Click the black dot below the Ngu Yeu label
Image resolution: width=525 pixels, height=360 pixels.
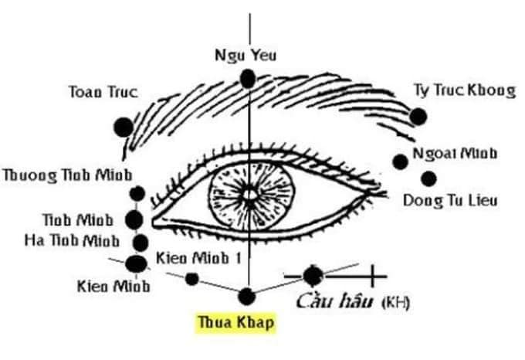[247, 78]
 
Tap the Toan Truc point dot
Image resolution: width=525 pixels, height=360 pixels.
[123, 127]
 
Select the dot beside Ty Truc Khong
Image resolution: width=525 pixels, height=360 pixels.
[418, 117]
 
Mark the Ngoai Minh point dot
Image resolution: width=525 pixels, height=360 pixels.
[400, 161]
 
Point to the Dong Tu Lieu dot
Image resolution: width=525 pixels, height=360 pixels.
[429, 178]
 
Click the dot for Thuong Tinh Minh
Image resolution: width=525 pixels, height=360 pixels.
[137, 193]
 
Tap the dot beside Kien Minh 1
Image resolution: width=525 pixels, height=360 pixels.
[192, 278]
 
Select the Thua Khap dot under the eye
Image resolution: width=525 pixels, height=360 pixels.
[246, 295]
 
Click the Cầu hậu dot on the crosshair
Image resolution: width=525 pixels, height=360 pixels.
[313, 274]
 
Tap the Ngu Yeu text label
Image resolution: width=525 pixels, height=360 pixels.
[246, 55]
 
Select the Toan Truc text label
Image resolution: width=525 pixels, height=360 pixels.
[103, 92]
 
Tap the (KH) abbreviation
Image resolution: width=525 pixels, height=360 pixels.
[396, 301]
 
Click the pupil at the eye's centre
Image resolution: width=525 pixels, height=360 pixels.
[248, 192]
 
